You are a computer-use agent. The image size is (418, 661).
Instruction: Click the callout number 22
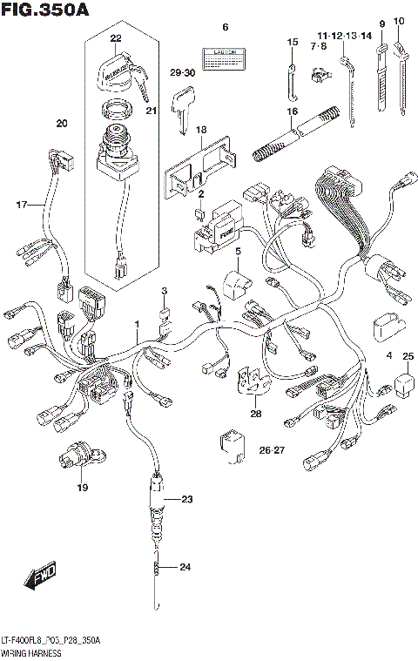117,37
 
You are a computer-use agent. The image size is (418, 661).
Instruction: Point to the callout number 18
201,130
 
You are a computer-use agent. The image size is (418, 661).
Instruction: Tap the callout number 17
23,205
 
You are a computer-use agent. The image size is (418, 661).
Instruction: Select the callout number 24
184,568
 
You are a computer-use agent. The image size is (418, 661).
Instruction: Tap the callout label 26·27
272,449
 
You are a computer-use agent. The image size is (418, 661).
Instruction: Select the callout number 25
408,355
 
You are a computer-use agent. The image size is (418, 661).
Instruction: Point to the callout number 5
236,252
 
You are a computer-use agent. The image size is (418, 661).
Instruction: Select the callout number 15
293,42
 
